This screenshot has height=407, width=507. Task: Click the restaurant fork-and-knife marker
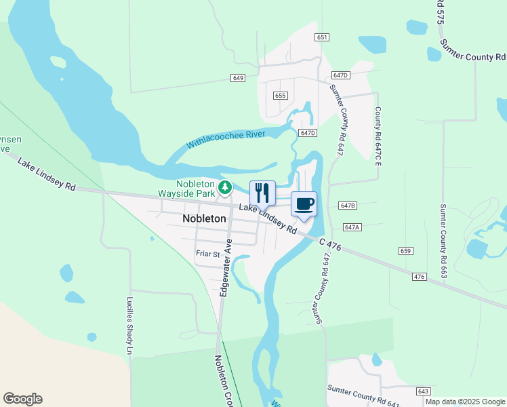pos(262,193)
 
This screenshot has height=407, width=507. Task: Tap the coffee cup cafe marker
pos(304,203)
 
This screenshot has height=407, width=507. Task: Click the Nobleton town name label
pos(204,218)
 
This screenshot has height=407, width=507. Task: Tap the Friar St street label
pos(208,254)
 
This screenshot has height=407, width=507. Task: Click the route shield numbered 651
pos(322,37)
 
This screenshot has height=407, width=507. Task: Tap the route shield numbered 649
pos(237,78)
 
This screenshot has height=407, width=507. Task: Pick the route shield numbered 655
pos(281,96)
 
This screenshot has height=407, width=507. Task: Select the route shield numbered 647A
pos(352,227)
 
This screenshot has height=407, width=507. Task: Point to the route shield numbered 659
pos(406,251)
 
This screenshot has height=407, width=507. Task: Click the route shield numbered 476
pos(418,276)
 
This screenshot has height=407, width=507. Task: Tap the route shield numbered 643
pos(424,391)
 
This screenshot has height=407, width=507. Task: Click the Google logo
pos(22,399)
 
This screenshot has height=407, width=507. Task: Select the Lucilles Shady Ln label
pos(130,325)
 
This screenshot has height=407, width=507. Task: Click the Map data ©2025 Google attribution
pos(465,402)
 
